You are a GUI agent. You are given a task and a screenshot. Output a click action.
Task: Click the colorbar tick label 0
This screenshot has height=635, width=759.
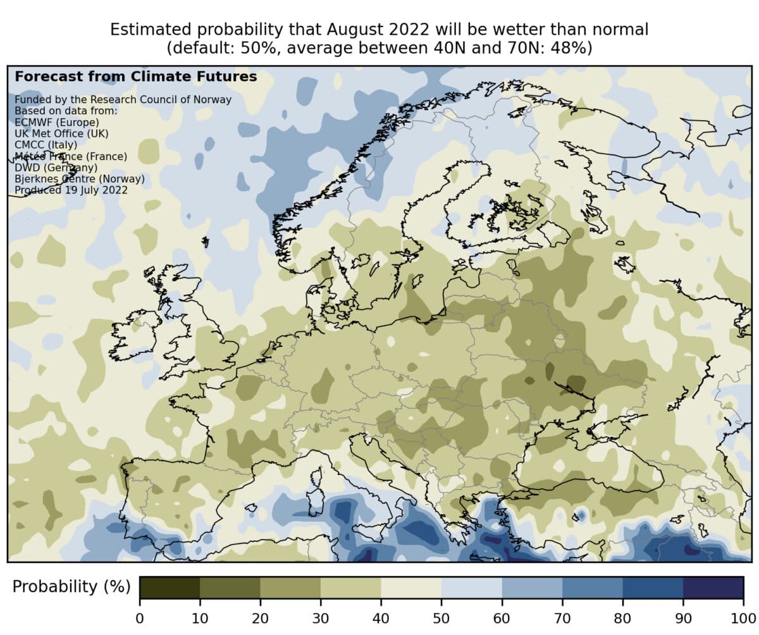[x=140, y=617]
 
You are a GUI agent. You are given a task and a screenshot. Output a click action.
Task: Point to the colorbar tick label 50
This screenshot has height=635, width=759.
[x=441, y=617]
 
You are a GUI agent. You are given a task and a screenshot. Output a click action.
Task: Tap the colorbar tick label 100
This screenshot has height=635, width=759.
[x=743, y=617]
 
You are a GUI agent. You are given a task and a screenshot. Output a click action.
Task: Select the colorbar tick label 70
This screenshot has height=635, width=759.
[x=562, y=617]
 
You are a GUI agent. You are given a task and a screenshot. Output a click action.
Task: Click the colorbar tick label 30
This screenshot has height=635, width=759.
[x=321, y=617]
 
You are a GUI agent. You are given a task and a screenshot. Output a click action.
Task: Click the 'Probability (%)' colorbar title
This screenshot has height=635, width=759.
[x=71, y=587]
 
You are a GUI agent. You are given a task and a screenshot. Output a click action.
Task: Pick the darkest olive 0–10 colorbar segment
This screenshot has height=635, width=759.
[x=170, y=588]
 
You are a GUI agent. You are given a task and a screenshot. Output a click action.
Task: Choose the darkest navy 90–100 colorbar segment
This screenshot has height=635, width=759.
[x=713, y=588]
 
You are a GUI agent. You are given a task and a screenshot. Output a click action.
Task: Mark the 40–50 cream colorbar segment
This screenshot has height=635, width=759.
[x=411, y=588]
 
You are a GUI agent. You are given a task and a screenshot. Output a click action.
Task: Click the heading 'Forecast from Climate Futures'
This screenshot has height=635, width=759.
[x=135, y=77]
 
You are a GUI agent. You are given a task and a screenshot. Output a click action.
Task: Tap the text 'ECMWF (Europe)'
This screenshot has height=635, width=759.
[x=57, y=122]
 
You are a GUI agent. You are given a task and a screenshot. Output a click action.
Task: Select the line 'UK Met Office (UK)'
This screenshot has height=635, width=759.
[x=61, y=133]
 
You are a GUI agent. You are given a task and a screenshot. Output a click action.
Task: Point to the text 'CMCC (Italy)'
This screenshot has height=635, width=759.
[x=46, y=145]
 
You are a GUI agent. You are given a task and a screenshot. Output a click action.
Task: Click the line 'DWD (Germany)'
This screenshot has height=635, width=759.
[x=56, y=168]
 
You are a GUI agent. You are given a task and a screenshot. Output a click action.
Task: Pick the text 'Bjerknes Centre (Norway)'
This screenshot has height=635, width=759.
[x=80, y=179]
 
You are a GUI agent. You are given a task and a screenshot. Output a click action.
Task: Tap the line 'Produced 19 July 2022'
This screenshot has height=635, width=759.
[x=71, y=190]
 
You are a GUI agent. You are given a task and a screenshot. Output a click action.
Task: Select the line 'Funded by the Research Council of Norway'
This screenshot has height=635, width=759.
[x=123, y=99]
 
